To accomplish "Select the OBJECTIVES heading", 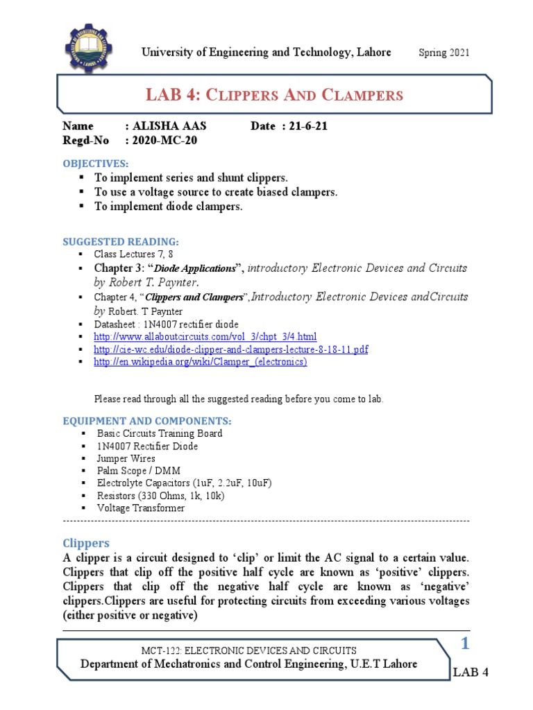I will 96,163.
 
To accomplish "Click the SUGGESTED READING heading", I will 121,241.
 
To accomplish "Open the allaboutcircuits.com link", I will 205,336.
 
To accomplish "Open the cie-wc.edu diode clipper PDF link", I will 230,349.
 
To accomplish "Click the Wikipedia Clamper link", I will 200,361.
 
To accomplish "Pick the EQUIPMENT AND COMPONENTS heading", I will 147,421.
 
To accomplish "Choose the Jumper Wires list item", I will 126,458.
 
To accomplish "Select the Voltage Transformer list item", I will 141,508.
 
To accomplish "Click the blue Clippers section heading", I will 86,542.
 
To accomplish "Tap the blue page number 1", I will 466,645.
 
